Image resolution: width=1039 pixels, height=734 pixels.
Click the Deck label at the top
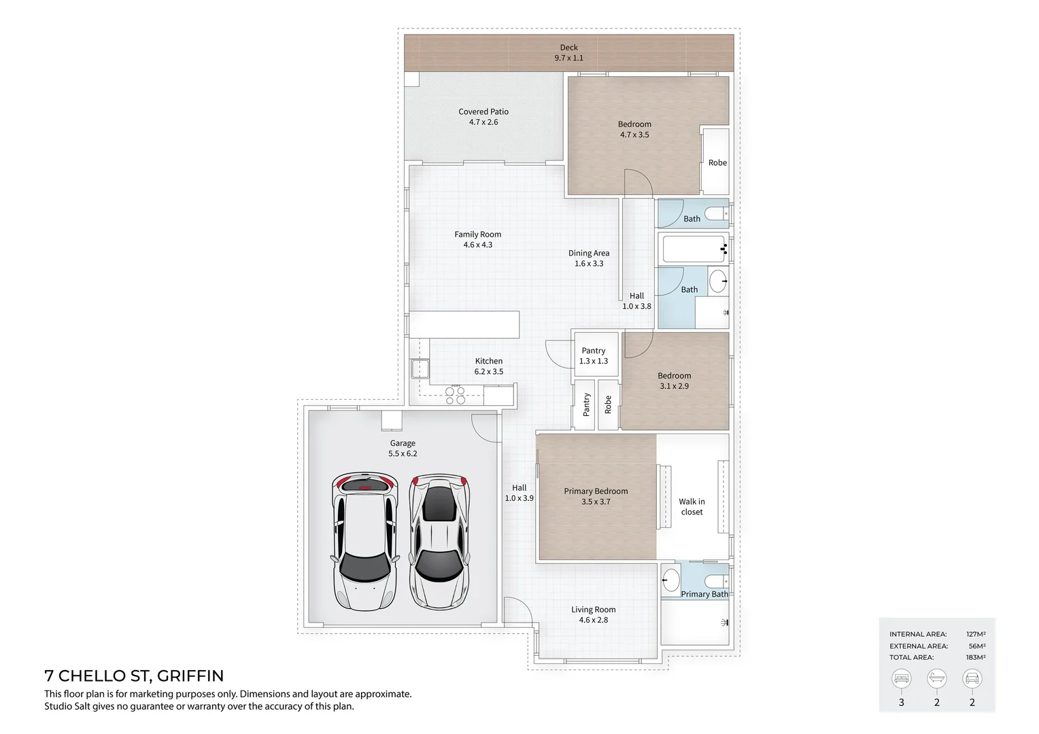[568, 48]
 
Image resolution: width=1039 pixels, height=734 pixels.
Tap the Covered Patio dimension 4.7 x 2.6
[483, 122]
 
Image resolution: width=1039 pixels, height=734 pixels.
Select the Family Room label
[478, 234]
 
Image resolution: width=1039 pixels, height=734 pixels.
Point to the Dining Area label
[589, 253]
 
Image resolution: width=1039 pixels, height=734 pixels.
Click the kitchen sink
[420, 368]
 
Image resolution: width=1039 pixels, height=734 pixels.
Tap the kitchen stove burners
[455, 395]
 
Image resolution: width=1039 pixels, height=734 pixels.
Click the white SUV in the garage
[365, 541]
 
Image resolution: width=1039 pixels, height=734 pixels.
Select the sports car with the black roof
[439, 541]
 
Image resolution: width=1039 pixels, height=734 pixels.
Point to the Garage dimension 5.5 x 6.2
[403, 453]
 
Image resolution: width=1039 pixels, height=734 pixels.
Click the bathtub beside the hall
[694, 249]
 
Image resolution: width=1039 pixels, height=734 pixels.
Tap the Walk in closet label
[692, 506]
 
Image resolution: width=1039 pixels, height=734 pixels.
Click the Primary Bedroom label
[596, 491]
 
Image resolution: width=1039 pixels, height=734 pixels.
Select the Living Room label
[593, 609]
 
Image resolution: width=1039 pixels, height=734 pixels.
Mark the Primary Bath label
[704, 594]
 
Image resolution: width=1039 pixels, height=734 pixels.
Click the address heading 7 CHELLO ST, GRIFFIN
[134, 676]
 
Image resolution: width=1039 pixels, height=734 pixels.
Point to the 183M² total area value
[976, 657]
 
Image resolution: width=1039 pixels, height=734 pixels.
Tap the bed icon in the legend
[901, 678]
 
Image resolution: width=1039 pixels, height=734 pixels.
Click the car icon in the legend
[972, 678]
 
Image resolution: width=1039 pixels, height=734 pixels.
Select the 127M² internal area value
[976, 634]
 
